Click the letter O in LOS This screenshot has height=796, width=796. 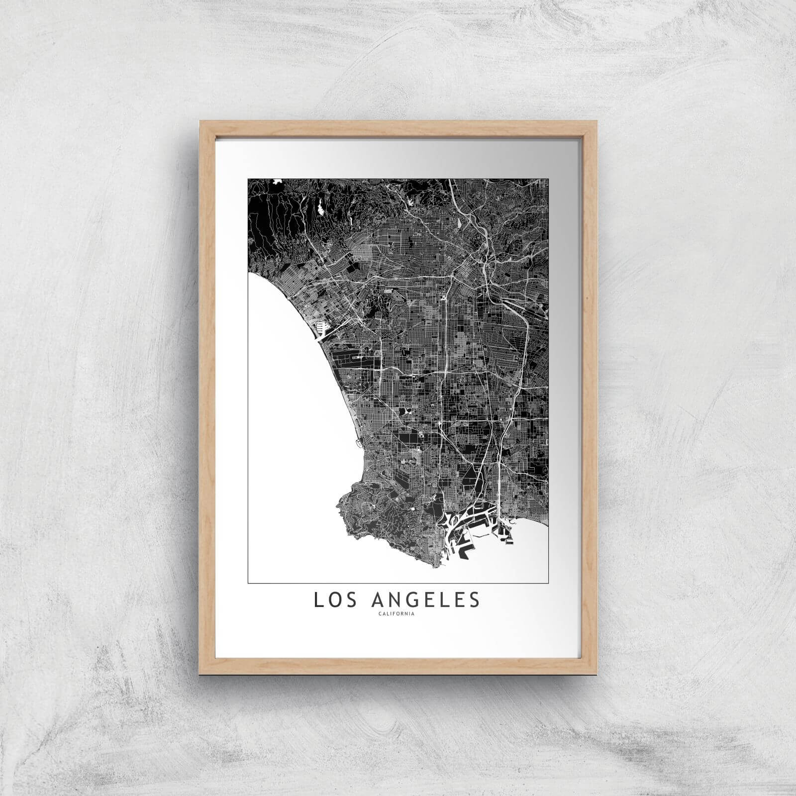pyautogui.click(x=332, y=599)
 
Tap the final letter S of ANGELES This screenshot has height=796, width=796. pyautogui.click(x=475, y=599)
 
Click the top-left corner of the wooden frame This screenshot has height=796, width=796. pyautogui.click(x=199, y=120)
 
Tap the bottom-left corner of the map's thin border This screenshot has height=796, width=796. pyautogui.click(x=248, y=583)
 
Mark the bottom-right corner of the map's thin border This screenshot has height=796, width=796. pyautogui.click(x=548, y=583)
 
